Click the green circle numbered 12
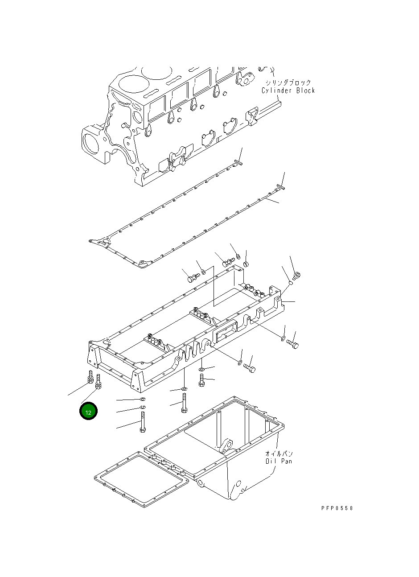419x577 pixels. [x=88, y=412]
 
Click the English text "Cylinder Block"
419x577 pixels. [x=288, y=91]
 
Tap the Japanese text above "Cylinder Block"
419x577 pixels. [x=288, y=83]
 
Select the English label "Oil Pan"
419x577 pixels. [x=279, y=461]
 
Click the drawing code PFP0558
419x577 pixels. [x=337, y=508]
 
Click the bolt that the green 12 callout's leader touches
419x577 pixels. [x=99, y=382]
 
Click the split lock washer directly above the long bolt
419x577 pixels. [x=142, y=408]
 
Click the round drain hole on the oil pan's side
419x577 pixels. [x=238, y=484]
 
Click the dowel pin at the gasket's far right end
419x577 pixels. [x=280, y=187]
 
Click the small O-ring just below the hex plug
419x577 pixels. [x=289, y=282]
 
